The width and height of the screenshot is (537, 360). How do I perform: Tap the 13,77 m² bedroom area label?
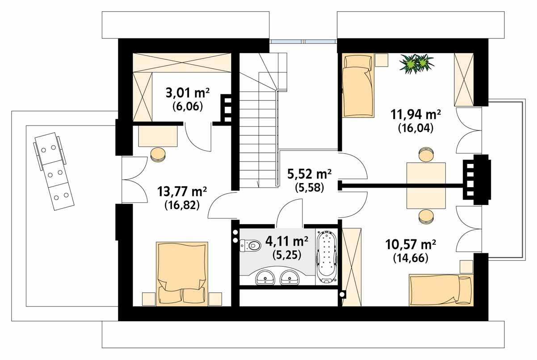pos(182,192)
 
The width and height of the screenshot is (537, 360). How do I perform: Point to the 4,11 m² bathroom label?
pos(286,242)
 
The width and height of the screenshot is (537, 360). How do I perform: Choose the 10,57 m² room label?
pos(411,245)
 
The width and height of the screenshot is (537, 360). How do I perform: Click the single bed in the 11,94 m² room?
pos(357,86)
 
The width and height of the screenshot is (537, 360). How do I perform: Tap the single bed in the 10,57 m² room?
pos(440,290)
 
